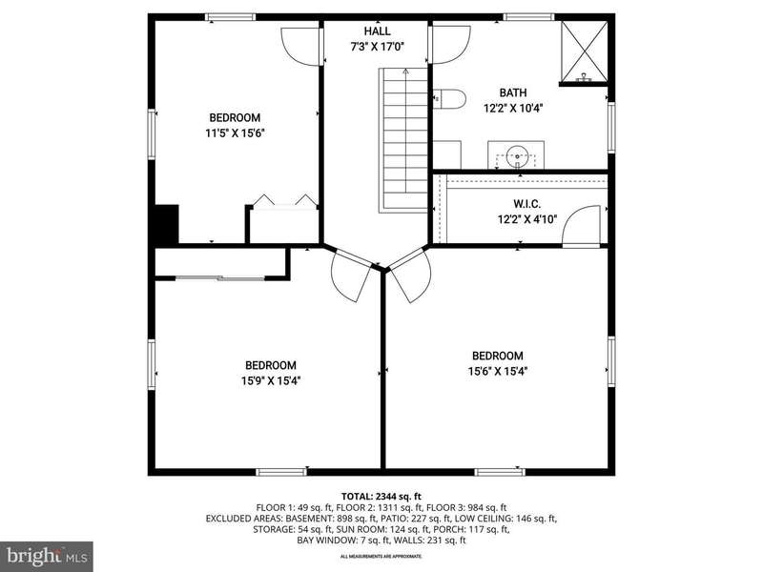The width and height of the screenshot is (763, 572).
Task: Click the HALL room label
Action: (377, 31)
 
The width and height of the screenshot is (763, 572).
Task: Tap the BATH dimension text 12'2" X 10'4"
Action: (513, 108)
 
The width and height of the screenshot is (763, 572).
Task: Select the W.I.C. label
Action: (527, 204)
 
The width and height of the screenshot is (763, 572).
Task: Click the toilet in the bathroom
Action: (449, 99)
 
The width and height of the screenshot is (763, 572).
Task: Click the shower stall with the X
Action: (585, 51)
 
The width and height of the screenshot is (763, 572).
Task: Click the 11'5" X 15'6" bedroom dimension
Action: (235, 133)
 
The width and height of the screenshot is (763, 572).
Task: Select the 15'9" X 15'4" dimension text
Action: (271, 380)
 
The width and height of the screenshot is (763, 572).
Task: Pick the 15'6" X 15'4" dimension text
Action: (498, 372)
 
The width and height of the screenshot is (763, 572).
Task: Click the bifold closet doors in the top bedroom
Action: (284, 202)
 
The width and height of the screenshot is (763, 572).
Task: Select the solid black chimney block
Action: (166, 224)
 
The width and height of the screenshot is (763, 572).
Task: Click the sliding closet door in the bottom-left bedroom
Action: (220, 278)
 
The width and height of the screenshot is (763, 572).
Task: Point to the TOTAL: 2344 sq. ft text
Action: (381, 497)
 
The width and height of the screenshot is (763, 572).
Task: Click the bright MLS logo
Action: (46, 555)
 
